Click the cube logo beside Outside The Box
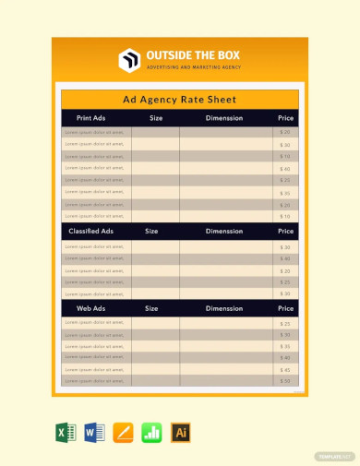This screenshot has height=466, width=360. [x=128, y=60]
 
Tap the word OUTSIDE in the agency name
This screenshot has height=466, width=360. [x=166, y=54]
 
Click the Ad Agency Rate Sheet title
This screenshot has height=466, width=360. [x=180, y=99]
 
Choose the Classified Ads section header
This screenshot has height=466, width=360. [x=93, y=232]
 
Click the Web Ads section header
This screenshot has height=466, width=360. [x=91, y=308]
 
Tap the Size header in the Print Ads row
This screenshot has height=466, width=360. [x=156, y=118]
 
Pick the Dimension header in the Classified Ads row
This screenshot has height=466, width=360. [x=224, y=232]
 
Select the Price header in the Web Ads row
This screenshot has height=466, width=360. [x=285, y=308]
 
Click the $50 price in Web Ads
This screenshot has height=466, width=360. [x=285, y=380]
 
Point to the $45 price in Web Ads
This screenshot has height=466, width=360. [x=285, y=369]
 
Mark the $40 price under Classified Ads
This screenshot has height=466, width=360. [x=285, y=259]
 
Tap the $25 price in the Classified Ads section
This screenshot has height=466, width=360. [x=285, y=281]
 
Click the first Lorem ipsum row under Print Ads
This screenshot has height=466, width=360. [x=93, y=133]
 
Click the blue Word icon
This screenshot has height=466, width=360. [x=94, y=432]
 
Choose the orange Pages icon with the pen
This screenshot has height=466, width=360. [x=123, y=432]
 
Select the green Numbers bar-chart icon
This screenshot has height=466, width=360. [x=151, y=432]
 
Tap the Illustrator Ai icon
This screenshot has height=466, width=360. [x=181, y=432]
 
